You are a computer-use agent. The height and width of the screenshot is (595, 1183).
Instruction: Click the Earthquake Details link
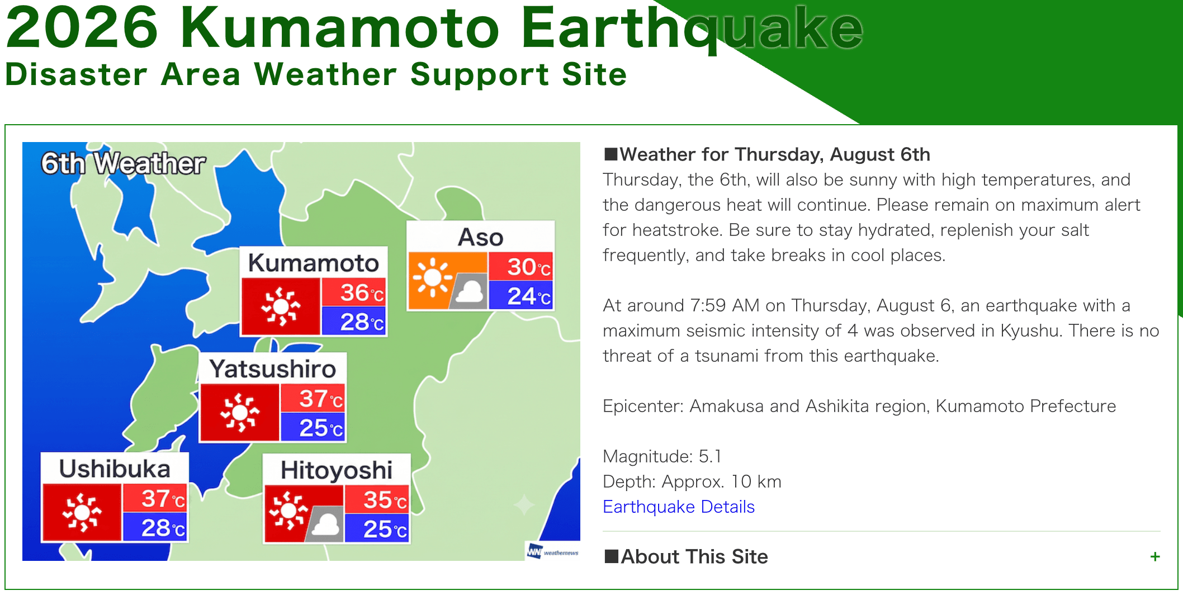(x=679, y=507)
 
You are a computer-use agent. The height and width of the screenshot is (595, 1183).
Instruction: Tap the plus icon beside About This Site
(x=1155, y=556)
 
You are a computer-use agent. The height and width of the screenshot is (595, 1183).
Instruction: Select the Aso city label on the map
(x=481, y=237)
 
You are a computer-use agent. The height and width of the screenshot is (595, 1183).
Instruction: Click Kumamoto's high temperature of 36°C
(x=362, y=292)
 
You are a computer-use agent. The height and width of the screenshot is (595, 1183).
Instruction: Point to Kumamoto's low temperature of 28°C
(x=362, y=322)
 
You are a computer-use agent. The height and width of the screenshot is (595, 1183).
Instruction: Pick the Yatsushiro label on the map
(x=273, y=369)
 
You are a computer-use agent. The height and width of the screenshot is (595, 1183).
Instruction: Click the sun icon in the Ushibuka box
(x=82, y=512)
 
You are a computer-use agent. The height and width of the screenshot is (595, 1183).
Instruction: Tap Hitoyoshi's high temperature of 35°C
(x=385, y=500)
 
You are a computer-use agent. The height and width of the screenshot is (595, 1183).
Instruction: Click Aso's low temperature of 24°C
(x=529, y=296)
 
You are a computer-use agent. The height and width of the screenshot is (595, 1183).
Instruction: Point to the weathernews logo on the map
(x=552, y=552)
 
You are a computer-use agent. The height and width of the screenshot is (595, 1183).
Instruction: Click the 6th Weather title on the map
(x=123, y=164)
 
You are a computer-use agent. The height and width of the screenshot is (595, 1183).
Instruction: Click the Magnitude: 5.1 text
(x=662, y=456)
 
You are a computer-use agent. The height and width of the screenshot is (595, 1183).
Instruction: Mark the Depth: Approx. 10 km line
(x=692, y=481)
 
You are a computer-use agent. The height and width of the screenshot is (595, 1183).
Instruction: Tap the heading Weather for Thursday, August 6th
(x=767, y=154)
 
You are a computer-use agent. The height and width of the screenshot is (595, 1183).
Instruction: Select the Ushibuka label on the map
(x=115, y=469)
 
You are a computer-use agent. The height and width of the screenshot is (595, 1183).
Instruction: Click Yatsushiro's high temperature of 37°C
(x=321, y=399)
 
